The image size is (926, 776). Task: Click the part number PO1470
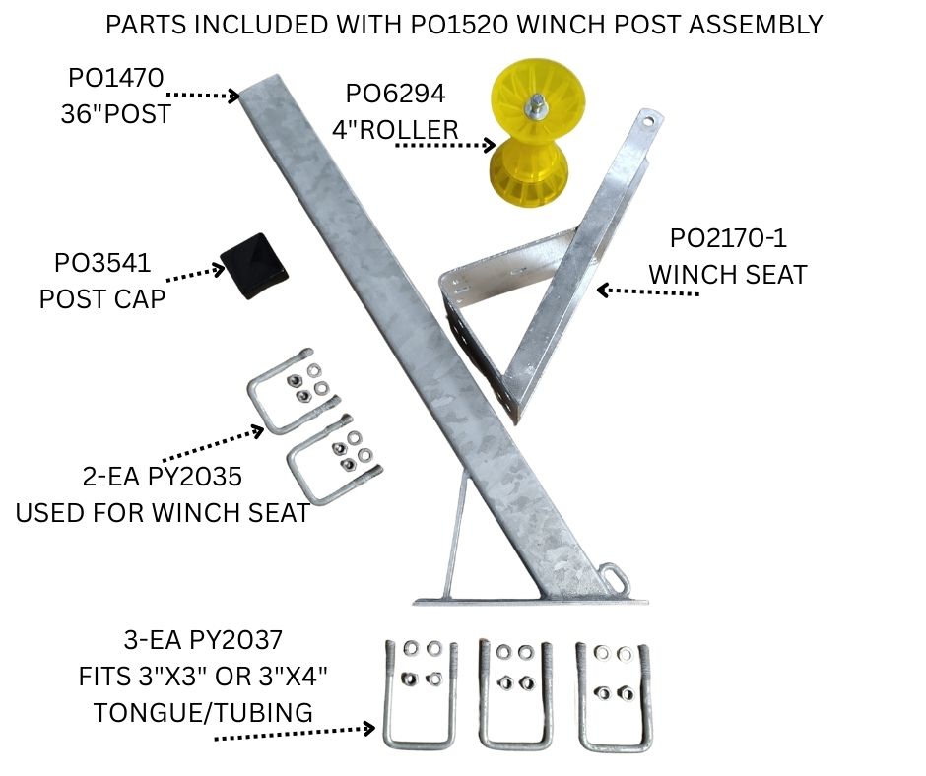pyautogui.click(x=116, y=76)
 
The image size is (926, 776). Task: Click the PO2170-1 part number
pyautogui.click(x=728, y=237)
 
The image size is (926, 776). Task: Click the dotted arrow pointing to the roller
pyautogui.click(x=444, y=146)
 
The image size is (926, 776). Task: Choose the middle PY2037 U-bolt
pyautogui.click(x=512, y=696)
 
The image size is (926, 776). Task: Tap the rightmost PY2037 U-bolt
pyautogui.click(x=611, y=696)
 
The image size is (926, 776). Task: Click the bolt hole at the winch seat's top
pyautogui.click(x=647, y=121)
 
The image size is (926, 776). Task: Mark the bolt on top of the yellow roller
pyautogui.click(x=541, y=103)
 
